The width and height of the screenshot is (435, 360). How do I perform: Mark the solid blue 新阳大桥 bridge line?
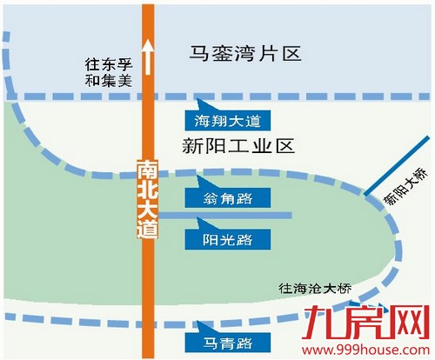click(396, 164)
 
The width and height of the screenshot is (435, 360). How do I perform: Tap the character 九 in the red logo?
click(342, 316)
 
